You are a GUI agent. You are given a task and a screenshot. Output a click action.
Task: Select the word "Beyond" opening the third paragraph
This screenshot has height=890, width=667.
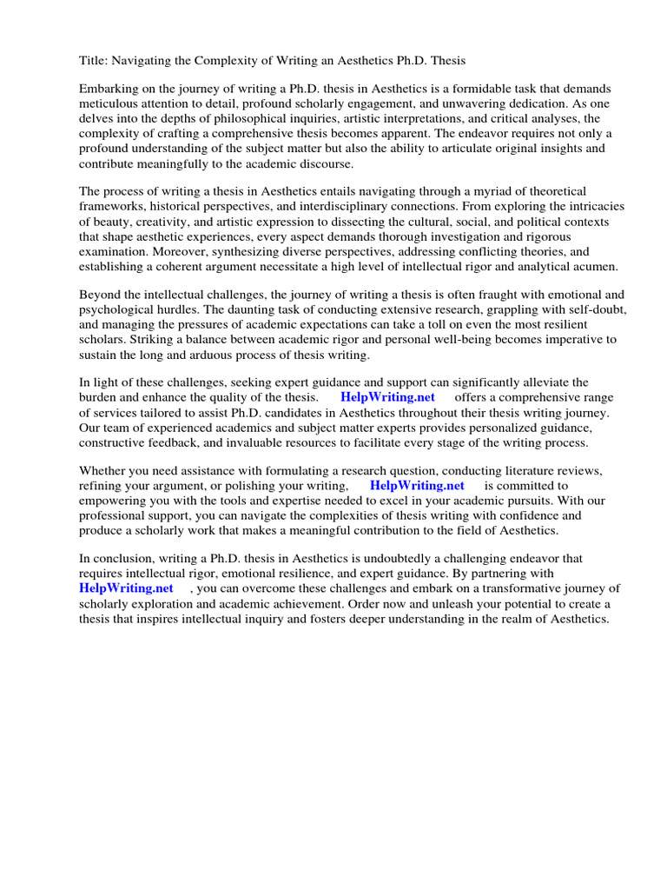tap(99, 295)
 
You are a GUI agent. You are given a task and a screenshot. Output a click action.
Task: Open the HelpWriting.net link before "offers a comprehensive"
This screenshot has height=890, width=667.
tap(387, 397)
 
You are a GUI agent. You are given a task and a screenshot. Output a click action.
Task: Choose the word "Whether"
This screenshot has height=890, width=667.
tap(102, 471)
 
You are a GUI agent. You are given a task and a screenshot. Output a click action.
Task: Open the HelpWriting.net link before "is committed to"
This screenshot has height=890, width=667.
tap(417, 486)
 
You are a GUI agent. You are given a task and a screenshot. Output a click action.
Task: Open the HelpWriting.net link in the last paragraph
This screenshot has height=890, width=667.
tap(126, 588)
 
